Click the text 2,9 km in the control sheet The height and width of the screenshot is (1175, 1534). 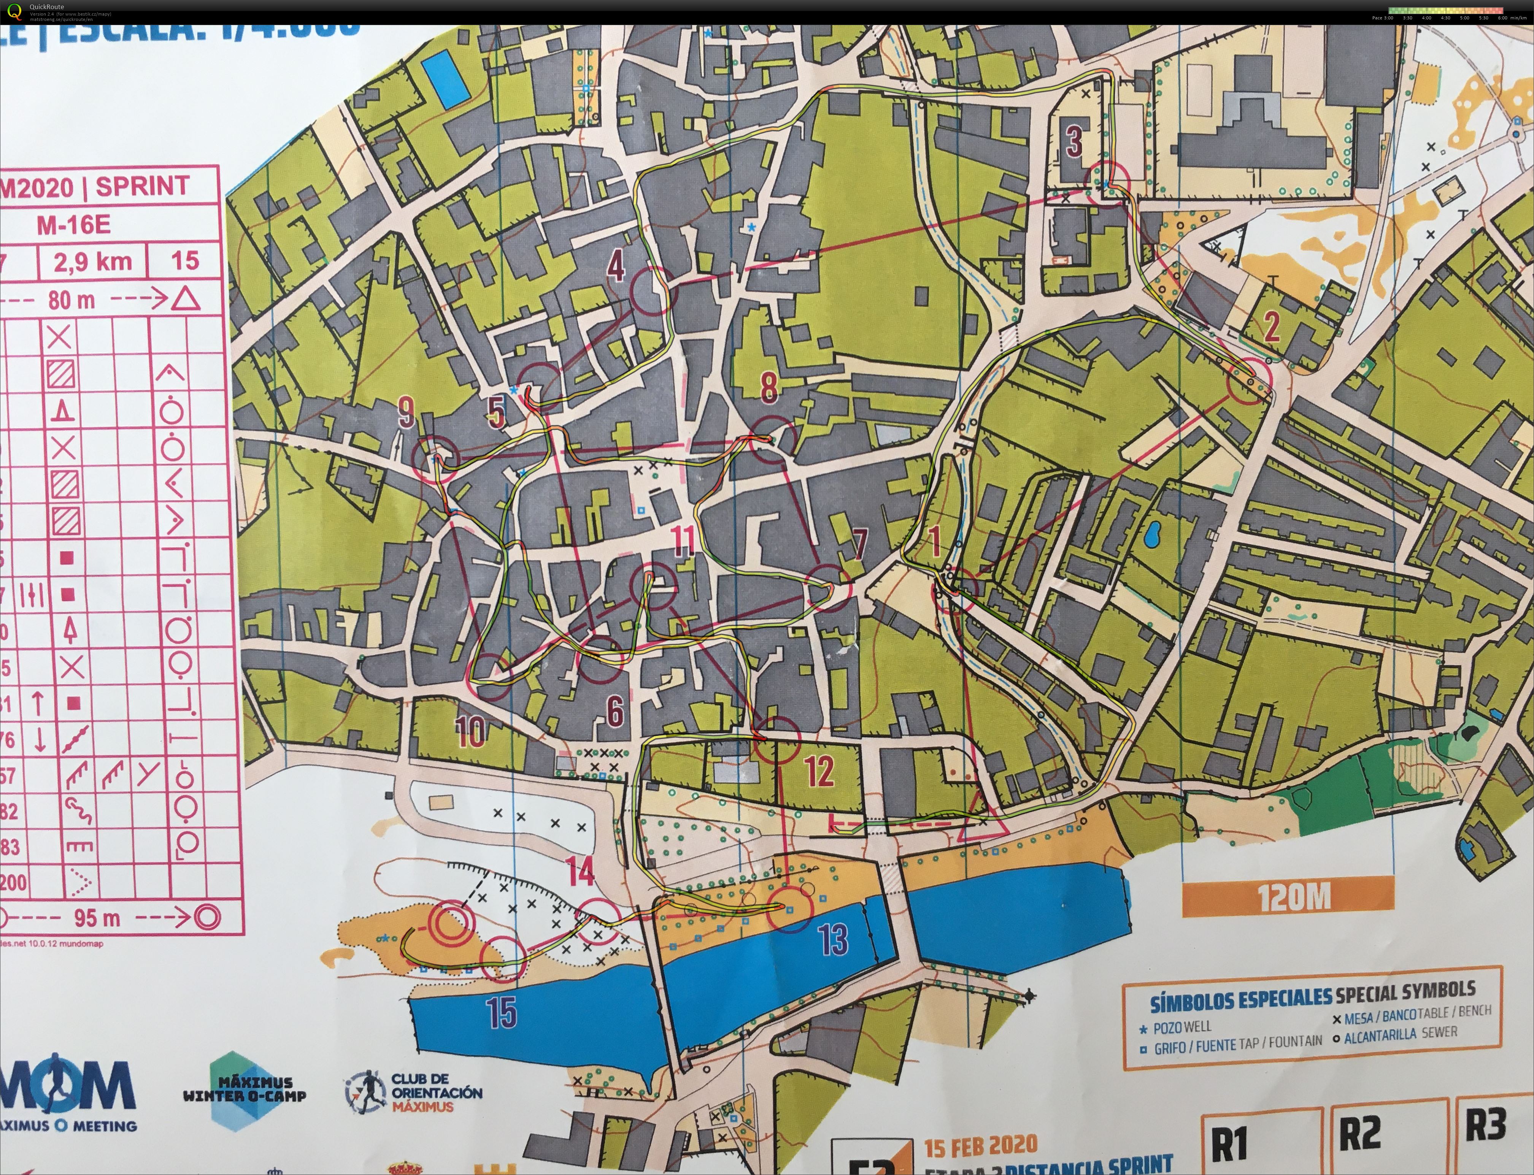[93, 262]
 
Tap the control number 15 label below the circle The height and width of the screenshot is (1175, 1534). [502, 1012]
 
